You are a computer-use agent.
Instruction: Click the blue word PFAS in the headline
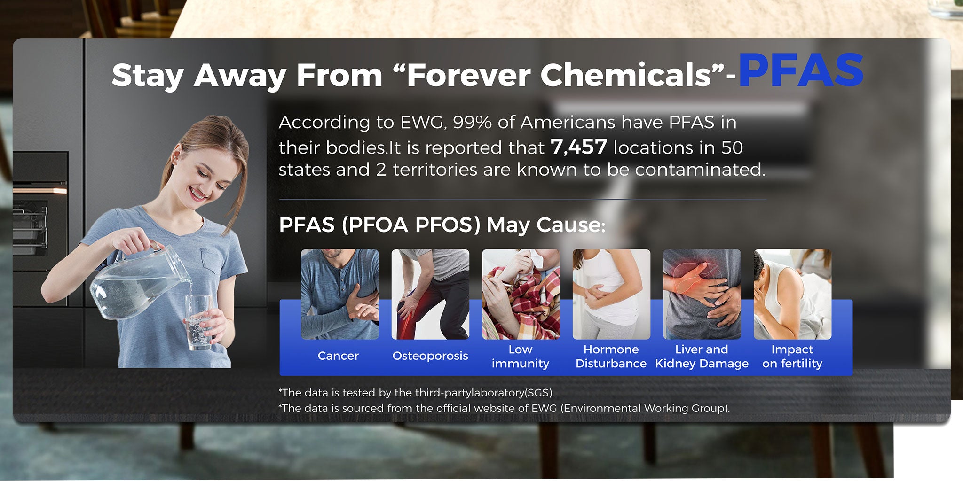(x=801, y=70)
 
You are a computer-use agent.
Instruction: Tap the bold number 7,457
(x=579, y=147)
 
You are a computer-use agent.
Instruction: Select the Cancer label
(x=338, y=356)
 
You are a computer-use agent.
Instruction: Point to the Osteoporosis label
(x=430, y=356)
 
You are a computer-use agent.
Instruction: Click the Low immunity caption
(x=521, y=356)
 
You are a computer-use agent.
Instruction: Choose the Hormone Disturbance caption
(x=611, y=356)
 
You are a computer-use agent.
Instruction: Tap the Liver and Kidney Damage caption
(x=702, y=356)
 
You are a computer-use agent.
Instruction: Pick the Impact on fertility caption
(x=792, y=356)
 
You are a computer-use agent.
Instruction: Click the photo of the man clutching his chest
(x=340, y=294)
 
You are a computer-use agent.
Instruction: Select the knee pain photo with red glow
(x=430, y=294)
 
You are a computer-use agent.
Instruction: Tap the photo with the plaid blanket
(x=521, y=294)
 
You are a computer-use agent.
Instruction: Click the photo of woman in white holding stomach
(x=611, y=294)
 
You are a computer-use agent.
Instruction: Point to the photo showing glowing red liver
(x=702, y=294)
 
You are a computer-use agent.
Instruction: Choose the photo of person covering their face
(x=792, y=294)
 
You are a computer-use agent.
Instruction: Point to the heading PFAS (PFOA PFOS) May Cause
(x=442, y=225)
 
